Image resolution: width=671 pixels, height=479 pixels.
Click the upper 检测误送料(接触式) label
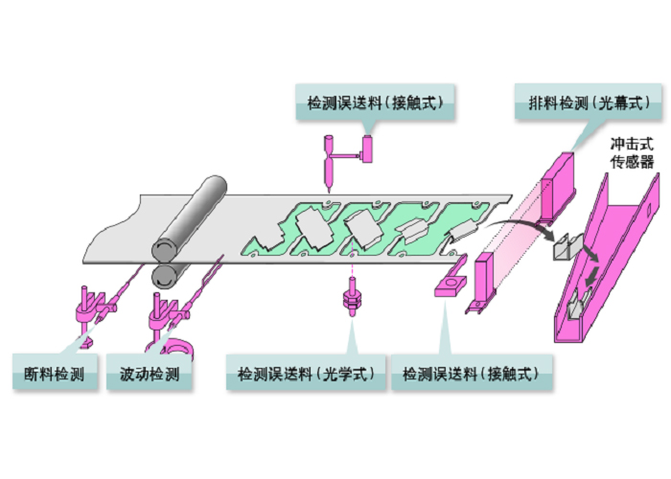click(x=375, y=103)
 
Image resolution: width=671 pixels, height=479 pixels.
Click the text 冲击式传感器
click(x=632, y=152)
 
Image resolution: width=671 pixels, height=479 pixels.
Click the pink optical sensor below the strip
click(x=352, y=296)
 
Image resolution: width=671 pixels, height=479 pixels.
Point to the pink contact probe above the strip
click(x=328, y=164)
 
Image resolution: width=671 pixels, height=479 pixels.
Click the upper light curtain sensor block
click(x=558, y=188)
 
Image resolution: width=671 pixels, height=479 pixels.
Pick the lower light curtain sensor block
click(x=483, y=278)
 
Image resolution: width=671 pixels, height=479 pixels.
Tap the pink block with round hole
click(x=451, y=285)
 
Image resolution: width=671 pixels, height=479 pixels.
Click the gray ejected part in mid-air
click(x=567, y=247)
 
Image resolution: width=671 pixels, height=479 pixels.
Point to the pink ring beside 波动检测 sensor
click(x=177, y=347)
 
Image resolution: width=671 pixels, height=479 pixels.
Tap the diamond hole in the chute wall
click(x=647, y=209)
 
